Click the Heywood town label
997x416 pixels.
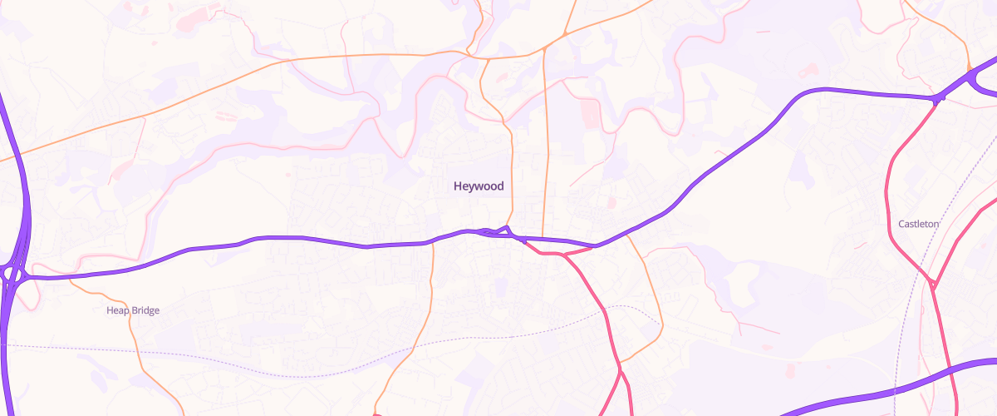pyautogui.click(x=479, y=186)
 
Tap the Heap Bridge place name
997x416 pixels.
pyautogui.click(x=133, y=310)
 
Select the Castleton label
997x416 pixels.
pyautogui.click(x=918, y=224)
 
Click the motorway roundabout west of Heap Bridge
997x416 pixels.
pyautogui.click(x=12, y=274)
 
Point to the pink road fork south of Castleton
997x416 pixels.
pyautogui.click(x=933, y=285)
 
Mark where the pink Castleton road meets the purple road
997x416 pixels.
pyautogui.click(x=938, y=100)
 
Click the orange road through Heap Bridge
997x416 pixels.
pyautogui.click(x=133, y=333)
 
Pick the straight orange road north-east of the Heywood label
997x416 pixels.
pyautogui.click(x=545, y=150)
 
